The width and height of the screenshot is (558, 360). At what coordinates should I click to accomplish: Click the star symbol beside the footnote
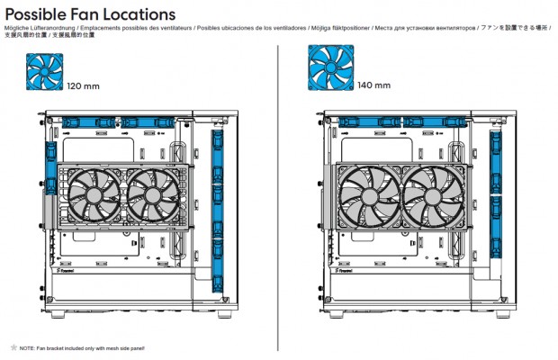coord(13,346)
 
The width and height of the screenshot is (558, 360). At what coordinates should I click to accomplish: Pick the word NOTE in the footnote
coord(27,346)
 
